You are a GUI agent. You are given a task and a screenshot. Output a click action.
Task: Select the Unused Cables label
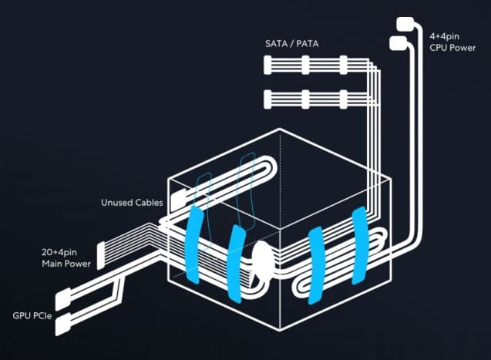point(132,203)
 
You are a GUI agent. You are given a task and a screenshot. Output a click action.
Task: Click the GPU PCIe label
point(32,316)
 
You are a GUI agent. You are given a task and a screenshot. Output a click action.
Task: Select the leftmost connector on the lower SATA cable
point(268,99)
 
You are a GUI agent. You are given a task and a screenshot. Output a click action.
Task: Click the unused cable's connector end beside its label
point(178,200)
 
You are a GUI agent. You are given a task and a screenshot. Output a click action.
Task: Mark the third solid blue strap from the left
point(314,264)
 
